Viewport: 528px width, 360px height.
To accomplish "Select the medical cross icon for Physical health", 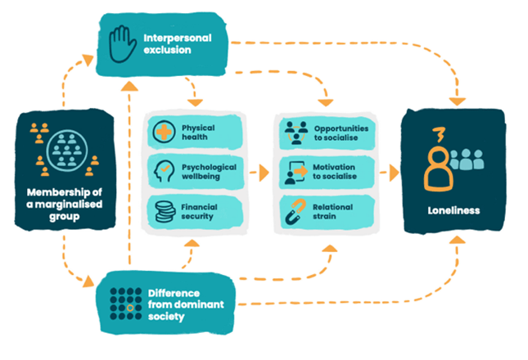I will [x=162, y=133].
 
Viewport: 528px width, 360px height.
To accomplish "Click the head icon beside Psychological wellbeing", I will [x=162, y=172].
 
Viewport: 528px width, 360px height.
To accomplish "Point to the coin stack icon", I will [x=162, y=211].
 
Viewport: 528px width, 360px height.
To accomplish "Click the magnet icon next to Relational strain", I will [x=294, y=211].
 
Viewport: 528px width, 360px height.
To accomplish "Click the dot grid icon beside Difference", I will [x=123, y=299].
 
